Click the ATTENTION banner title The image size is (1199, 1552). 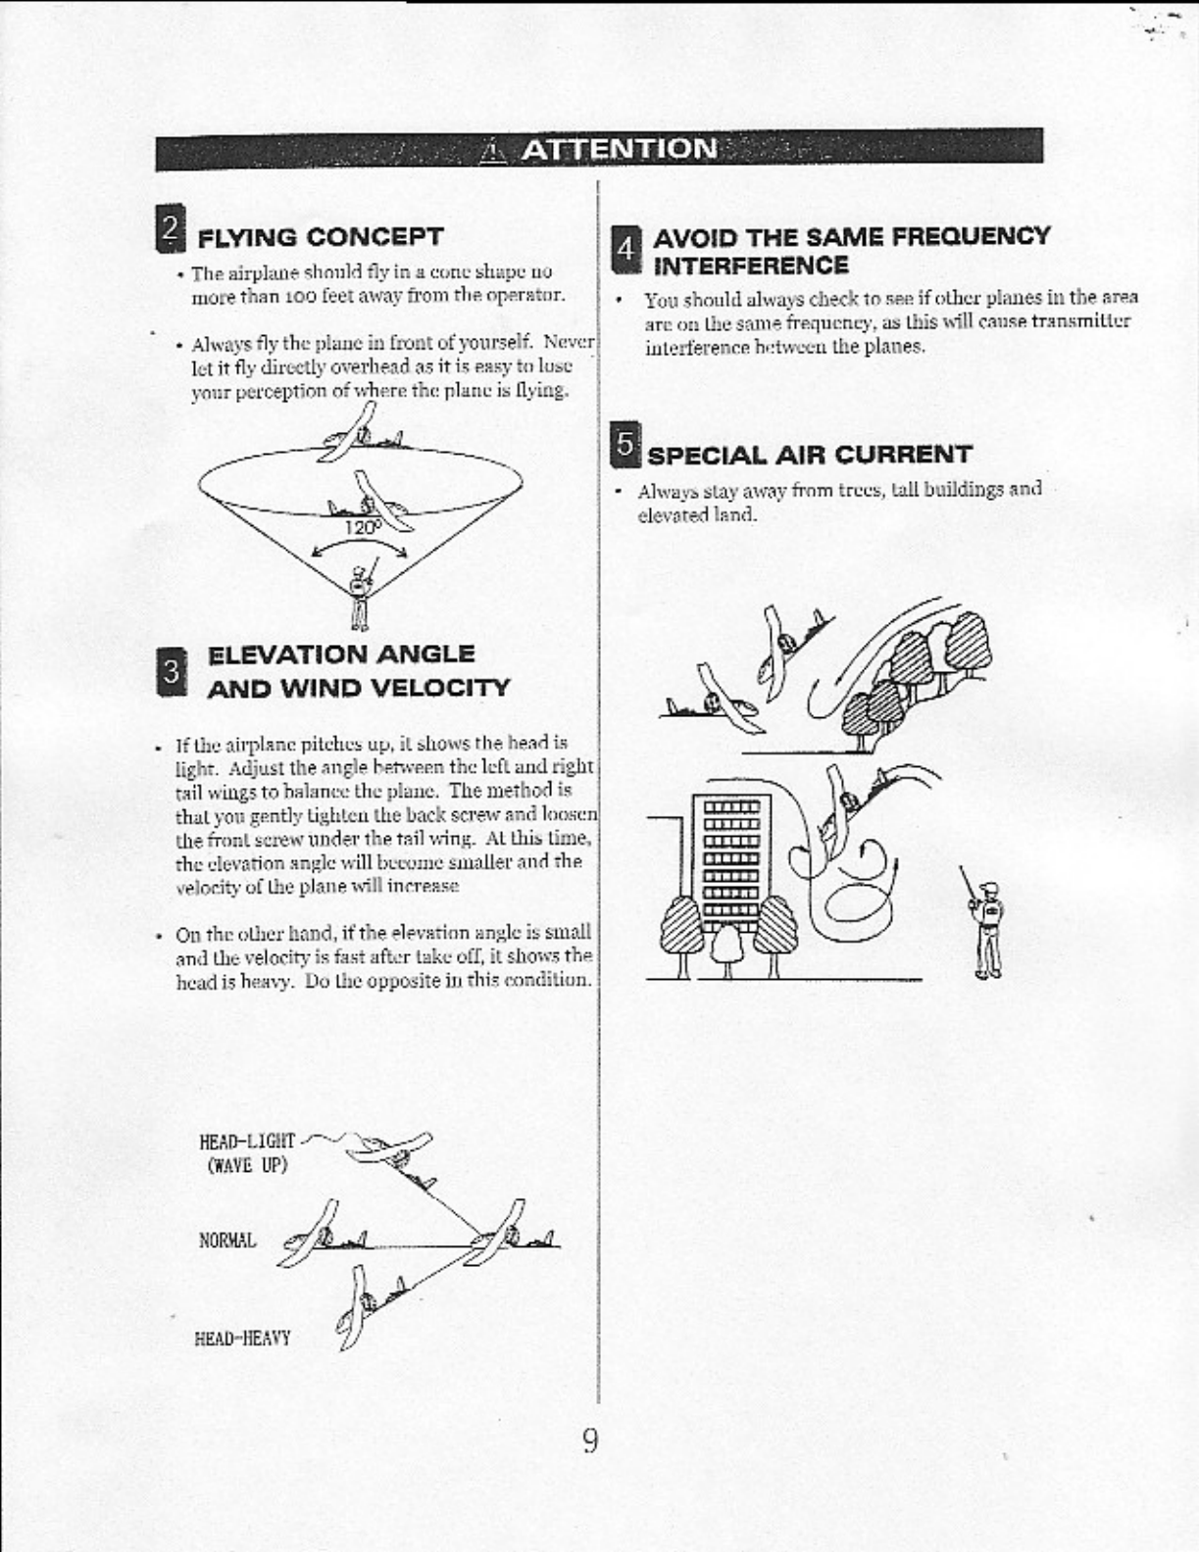tap(620, 149)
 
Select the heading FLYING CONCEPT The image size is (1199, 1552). tap(321, 237)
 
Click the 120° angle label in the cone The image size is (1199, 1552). tap(360, 527)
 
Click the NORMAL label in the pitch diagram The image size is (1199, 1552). tap(227, 1240)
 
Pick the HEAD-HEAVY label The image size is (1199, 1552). tap(243, 1337)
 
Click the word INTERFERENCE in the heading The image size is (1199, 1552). tap(751, 266)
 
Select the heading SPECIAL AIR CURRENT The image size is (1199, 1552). tap(810, 455)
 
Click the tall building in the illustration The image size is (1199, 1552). tap(733, 862)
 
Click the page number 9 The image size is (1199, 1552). tap(590, 1441)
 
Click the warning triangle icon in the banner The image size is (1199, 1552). tap(494, 150)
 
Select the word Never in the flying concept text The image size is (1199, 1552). tap(570, 343)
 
